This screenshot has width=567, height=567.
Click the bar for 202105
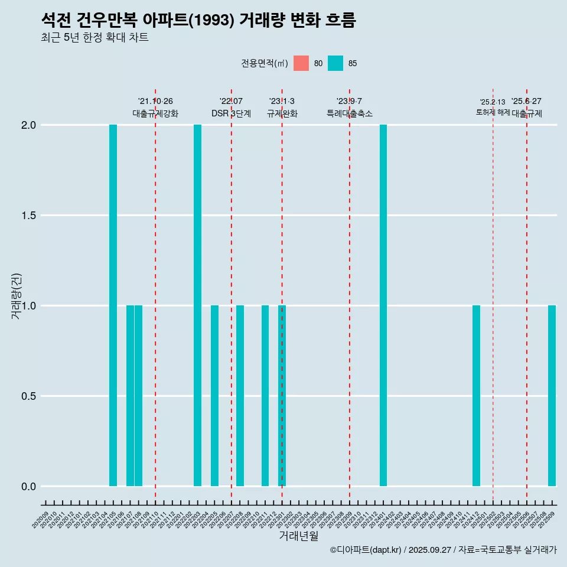coord(113,305)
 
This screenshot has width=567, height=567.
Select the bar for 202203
coord(197,305)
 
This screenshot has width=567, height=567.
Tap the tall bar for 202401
coord(383,305)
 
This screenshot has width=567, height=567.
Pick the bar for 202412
coord(476,396)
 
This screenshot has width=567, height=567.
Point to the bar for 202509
coord(552,396)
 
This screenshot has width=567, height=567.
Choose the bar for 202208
coord(240,396)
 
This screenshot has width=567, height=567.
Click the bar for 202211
coord(265,396)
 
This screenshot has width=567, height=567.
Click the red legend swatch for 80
coord(301,63)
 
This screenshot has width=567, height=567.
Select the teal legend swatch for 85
coord(335,63)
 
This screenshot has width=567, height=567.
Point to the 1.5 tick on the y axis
coord(29,216)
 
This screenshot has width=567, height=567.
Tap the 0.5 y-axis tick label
coord(29,396)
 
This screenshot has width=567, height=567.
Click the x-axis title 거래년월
coord(298,536)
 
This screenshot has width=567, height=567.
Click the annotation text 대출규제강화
coord(155,113)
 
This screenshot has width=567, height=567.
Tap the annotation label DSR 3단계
coord(231,113)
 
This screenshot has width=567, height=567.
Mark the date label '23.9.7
coord(349,101)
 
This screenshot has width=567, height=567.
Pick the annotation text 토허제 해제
coord(493,112)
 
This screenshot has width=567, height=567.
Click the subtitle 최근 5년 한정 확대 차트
coord(94,38)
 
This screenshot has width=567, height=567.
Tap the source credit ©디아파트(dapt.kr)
coord(366,550)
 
